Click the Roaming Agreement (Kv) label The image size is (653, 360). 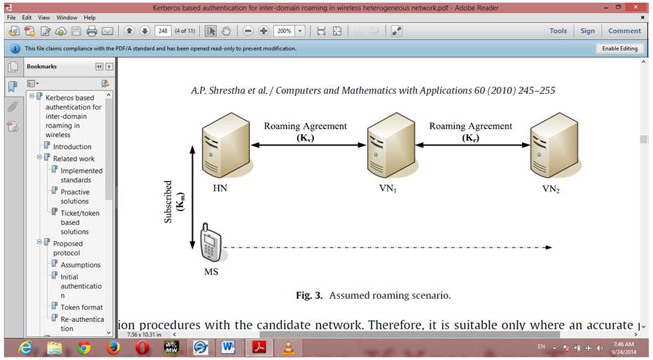tap(305, 132)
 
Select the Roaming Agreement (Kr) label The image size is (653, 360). tap(470, 132)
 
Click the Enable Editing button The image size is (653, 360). tap(620, 49)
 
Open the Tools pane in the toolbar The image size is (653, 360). tap(558, 31)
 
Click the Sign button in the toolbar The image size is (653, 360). tap(587, 31)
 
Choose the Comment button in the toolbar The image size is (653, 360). tap(624, 31)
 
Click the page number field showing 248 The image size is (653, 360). tap(163, 31)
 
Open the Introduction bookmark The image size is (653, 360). tap(72, 147)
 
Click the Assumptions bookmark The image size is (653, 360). tap(80, 265)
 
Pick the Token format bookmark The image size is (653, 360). tap(82, 307)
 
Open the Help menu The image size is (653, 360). tap(90, 17)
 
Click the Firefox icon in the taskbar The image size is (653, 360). tap(113, 347)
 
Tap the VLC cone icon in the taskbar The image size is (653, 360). tap(288, 347)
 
